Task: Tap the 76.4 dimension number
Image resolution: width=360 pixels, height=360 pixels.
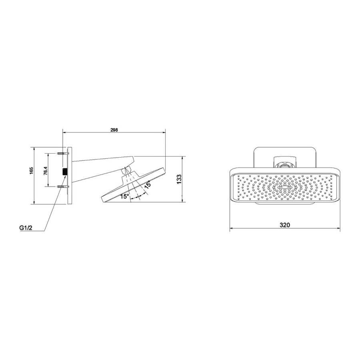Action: coord(46,170)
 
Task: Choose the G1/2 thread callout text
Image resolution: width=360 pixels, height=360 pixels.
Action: coord(26,228)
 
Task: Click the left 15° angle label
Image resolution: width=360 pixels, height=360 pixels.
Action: coord(124,196)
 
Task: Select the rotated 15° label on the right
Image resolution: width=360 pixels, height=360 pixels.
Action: coord(147,185)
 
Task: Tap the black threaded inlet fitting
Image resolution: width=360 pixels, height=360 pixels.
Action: coord(64,170)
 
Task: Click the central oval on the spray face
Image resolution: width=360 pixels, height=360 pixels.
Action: coord(284,186)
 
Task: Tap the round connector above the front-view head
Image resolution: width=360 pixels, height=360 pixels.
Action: coord(284,163)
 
